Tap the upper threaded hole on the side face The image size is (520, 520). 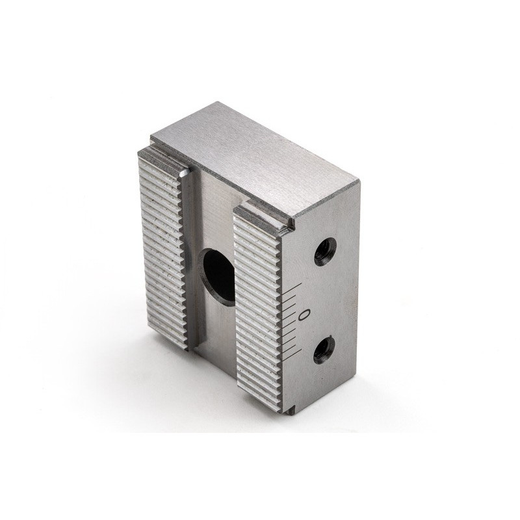pyautogui.click(x=324, y=251)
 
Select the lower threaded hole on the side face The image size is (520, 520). pyautogui.click(x=324, y=350)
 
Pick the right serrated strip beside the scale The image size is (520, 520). pyautogui.click(x=258, y=305)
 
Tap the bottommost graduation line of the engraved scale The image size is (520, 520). pyautogui.click(x=292, y=354)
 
